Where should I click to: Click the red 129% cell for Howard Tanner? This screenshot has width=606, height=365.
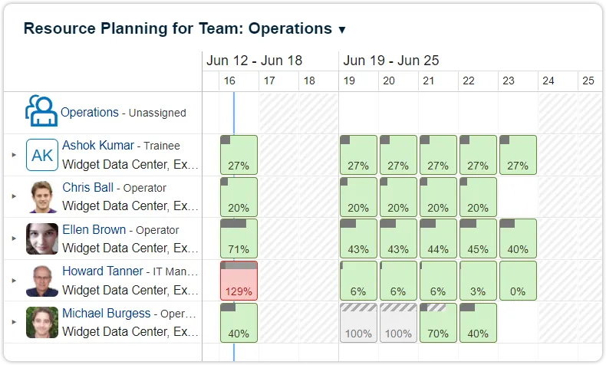[x=239, y=280]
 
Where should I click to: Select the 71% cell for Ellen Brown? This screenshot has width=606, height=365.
[x=239, y=238]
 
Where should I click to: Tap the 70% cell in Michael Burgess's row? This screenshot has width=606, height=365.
[x=438, y=322]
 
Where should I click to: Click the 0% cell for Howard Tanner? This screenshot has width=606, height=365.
[x=518, y=280]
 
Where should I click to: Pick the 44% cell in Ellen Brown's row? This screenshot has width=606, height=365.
[x=438, y=238]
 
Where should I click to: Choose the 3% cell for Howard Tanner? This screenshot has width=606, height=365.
[x=478, y=280]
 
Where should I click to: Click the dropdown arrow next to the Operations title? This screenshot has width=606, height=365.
[x=342, y=30]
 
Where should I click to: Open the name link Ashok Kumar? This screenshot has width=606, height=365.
[x=98, y=145]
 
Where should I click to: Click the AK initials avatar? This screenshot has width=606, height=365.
[x=42, y=155]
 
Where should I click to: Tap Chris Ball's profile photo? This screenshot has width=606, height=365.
[x=42, y=197]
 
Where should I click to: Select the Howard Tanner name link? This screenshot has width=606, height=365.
[x=102, y=271]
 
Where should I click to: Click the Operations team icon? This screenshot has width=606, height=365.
[x=41, y=112]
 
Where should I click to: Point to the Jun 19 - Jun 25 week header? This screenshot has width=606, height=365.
[x=391, y=61]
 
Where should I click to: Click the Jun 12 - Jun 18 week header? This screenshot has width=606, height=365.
[x=254, y=61]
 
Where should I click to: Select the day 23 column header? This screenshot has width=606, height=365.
[x=509, y=81]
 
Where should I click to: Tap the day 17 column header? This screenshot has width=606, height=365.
[x=269, y=81]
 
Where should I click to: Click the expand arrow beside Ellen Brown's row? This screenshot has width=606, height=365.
[x=14, y=238]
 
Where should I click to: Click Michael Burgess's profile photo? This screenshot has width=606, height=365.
[x=42, y=322]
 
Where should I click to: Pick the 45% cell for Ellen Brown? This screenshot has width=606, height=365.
[x=478, y=238]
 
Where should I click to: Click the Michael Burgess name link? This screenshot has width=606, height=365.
[x=106, y=314]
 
